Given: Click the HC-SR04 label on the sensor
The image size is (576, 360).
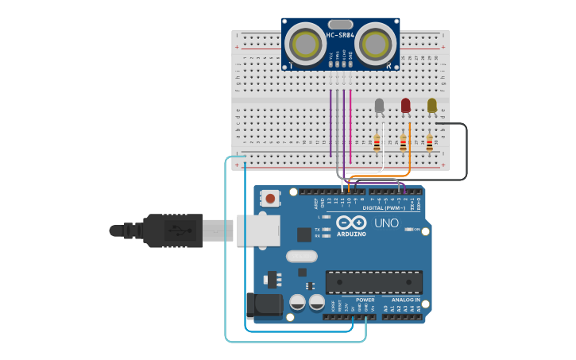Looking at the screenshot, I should (x=340, y=35).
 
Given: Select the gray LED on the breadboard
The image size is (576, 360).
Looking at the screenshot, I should (x=379, y=105).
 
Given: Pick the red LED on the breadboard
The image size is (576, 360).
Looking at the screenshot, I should (x=405, y=105).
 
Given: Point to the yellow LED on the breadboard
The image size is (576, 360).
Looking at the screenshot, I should (x=431, y=105).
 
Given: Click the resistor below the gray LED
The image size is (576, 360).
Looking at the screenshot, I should (x=377, y=143).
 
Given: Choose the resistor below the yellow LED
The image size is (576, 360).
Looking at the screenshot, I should (x=429, y=143).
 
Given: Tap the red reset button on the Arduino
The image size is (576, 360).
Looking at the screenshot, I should (x=271, y=198).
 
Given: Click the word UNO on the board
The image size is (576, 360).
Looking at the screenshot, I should (x=386, y=223).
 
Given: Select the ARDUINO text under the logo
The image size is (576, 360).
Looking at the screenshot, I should (x=350, y=234).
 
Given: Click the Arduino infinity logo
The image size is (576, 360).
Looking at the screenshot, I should (x=350, y=223).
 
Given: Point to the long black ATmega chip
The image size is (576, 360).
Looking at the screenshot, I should (x=373, y=282).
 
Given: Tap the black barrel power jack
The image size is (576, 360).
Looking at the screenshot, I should (x=263, y=306).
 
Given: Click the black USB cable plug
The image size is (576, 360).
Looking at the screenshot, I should (x=172, y=230).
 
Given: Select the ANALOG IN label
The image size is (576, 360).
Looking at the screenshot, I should (x=405, y=300).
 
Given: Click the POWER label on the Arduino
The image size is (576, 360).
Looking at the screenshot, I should (x=365, y=300).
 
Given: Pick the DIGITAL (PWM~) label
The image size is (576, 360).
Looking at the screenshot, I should (x=384, y=207).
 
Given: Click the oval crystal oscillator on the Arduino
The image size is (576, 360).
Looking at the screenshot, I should (x=301, y=256).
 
